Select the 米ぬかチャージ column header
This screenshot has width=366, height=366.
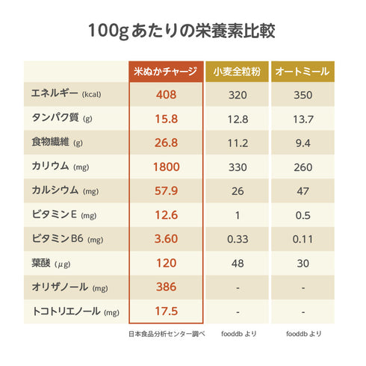tap(166, 72)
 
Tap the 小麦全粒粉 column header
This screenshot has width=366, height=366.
tap(238, 72)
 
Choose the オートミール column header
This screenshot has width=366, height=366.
tap(303, 72)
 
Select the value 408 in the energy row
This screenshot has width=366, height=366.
tap(166, 95)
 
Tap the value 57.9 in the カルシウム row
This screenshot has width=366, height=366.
tap(166, 191)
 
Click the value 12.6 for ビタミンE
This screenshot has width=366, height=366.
tap(166, 215)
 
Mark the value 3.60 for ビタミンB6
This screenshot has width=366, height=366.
tap(166, 239)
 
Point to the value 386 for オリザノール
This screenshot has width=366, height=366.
tap(166, 287)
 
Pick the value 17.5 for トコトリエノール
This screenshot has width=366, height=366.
tap(166, 311)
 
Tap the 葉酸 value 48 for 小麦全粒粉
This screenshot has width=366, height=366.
tap(238, 263)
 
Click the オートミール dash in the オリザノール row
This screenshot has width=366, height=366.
tap(303, 288)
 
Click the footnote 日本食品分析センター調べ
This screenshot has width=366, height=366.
tap(166, 333)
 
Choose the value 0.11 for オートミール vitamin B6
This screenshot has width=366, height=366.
tap(303, 239)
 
